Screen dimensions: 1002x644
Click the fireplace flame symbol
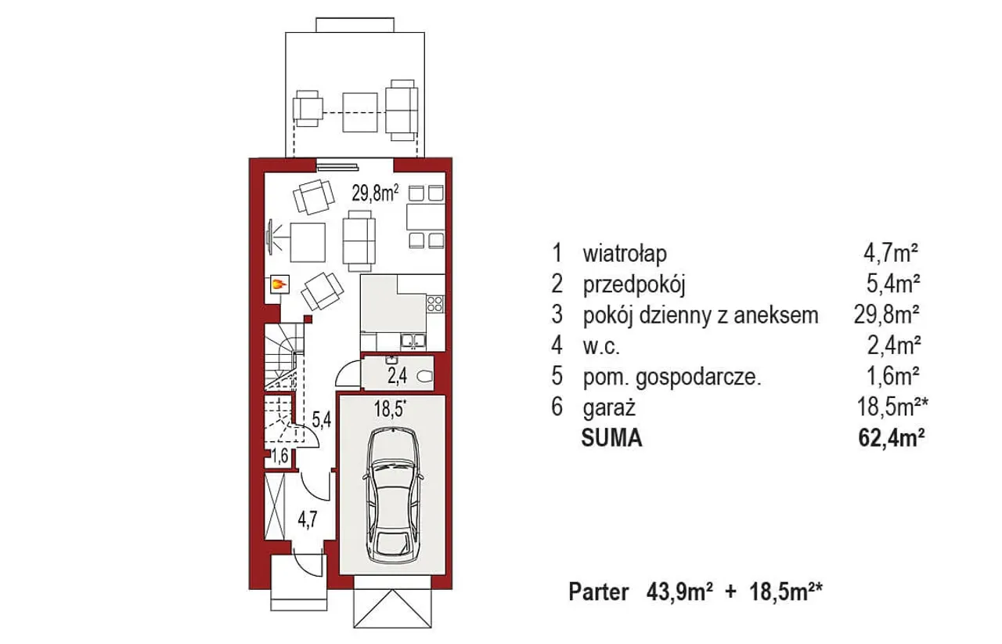[279, 284]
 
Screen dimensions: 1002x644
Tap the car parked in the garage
[393, 494]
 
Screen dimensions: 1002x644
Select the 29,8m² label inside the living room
[375, 194]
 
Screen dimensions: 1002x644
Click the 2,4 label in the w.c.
[397, 376]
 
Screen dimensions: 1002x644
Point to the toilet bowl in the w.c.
[424, 377]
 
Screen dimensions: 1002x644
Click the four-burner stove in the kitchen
[434, 304]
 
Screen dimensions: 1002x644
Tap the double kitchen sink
[413, 342]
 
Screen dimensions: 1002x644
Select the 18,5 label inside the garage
[391, 409]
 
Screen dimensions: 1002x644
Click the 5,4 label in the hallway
[322, 420]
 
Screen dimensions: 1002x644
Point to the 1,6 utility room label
[280, 458]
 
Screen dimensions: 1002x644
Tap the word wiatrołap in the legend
[625, 254]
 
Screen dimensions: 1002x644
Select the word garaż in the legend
[609, 408]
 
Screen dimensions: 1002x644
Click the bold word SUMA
[611, 439]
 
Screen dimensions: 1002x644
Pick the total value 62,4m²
[891, 439]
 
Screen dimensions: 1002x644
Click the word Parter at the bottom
[599, 592]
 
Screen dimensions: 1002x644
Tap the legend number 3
[557, 314]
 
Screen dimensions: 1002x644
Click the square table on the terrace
[359, 112]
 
